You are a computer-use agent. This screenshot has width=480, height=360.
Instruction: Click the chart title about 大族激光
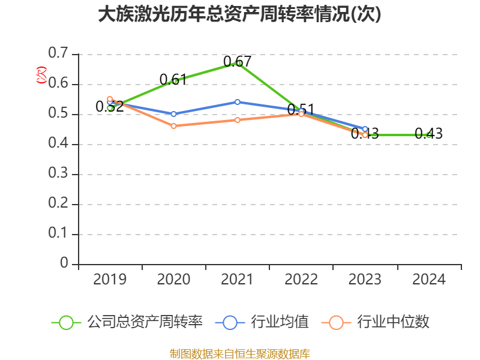click(240, 14)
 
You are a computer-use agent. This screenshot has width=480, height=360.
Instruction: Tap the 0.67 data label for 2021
click(237, 61)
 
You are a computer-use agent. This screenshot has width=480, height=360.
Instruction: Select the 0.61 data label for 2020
click(173, 79)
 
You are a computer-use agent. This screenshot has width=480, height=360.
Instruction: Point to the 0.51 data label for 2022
click(301, 110)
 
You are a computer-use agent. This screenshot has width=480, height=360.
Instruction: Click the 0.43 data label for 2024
click(428, 134)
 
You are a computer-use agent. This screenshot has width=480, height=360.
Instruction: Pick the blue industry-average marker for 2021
click(238, 102)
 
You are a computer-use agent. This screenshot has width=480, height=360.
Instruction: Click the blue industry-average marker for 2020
click(173, 114)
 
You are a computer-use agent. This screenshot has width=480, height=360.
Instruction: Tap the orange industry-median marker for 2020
click(173, 126)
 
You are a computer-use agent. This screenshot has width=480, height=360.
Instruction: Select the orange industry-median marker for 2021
click(238, 120)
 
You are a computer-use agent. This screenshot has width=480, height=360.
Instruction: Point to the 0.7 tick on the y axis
click(58, 53)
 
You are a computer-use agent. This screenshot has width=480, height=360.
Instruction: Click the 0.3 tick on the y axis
click(58, 174)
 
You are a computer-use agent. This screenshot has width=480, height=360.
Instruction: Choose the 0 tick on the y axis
click(64, 264)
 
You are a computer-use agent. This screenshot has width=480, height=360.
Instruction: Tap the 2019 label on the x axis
click(110, 280)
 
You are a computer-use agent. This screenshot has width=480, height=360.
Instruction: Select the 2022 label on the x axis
click(301, 280)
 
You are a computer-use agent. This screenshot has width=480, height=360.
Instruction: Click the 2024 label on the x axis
click(428, 280)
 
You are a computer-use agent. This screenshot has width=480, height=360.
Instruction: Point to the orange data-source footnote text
click(240, 353)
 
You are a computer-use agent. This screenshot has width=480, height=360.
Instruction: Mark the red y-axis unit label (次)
click(41, 74)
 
